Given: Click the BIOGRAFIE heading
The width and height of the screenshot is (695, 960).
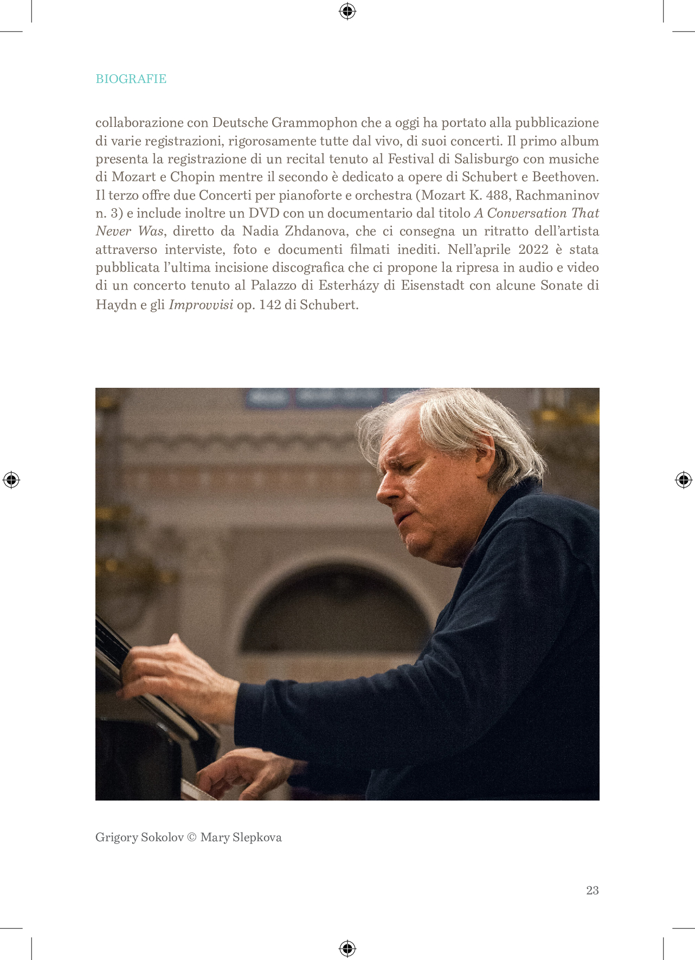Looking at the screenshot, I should [131, 79].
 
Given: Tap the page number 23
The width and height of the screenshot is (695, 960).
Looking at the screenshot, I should [592, 890].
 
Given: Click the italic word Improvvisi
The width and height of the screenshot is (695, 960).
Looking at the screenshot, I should [201, 305].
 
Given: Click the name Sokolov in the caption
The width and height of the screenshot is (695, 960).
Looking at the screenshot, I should [162, 837].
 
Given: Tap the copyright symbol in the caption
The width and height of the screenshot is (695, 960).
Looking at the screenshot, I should [192, 837].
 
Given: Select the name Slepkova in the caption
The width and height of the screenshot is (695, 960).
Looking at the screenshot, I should [257, 837].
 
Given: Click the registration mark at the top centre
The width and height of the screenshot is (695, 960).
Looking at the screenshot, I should [347, 11].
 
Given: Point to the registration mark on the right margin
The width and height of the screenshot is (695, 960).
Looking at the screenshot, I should [683, 479].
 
